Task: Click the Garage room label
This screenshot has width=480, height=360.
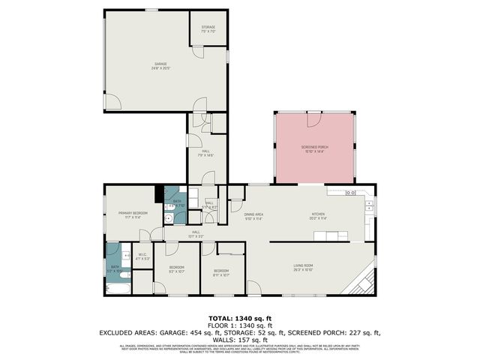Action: (x=160, y=65)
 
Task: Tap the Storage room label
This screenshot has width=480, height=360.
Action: (x=208, y=29)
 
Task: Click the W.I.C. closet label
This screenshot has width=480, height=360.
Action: (x=142, y=256)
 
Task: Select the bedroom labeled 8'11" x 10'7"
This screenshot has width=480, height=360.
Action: (x=221, y=272)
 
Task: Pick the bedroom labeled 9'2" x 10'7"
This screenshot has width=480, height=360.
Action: (x=176, y=268)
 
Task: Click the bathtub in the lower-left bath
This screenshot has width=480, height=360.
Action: (x=118, y=288)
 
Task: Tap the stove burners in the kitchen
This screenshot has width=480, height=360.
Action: (x=350, y=193)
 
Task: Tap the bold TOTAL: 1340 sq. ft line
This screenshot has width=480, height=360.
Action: (x=239, y=318)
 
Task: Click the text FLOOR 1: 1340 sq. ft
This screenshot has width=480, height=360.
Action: (x=239, y=325)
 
